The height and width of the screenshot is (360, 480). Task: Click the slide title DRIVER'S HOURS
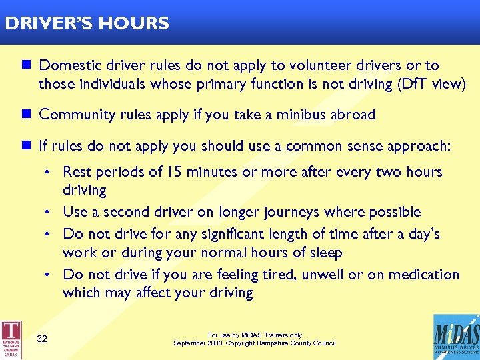(x=87, y=24)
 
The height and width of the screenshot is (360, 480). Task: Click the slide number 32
(x=42, y=339)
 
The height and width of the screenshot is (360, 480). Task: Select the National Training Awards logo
(x=11, y=337)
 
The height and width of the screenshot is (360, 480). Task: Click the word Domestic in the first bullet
(x=70, y=65)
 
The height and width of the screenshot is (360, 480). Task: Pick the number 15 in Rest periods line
(x=175, y=172)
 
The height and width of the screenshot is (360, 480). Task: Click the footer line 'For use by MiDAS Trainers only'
(x=255, y=335)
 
